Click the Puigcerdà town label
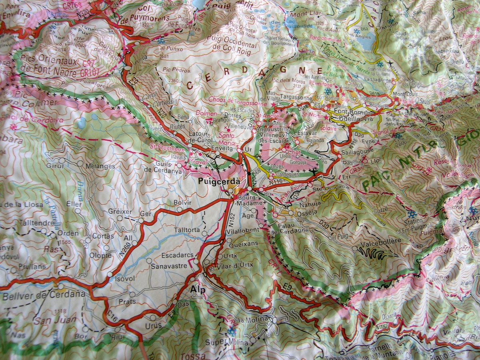click(x=219, y=182)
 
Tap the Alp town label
click(x=198, y=290)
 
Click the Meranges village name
click(x=102, y=166)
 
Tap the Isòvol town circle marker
click(x=110, y=274)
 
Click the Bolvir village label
click(x=182, y=203)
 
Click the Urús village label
click(x=153, y=325)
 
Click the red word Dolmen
click(x=206, y=113)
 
